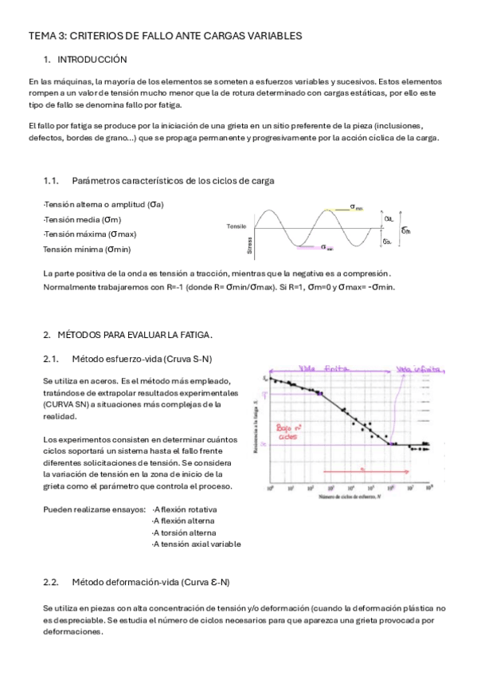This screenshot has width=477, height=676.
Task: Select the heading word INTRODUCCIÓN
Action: tap(92, 60)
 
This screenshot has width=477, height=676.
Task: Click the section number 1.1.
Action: tap(52, 181)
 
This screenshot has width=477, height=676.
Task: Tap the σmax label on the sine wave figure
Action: tap(355, 206)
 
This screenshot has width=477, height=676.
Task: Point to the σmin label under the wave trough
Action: tap(326, 248)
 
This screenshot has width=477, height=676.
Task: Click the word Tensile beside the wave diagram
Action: tap(237, 227)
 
